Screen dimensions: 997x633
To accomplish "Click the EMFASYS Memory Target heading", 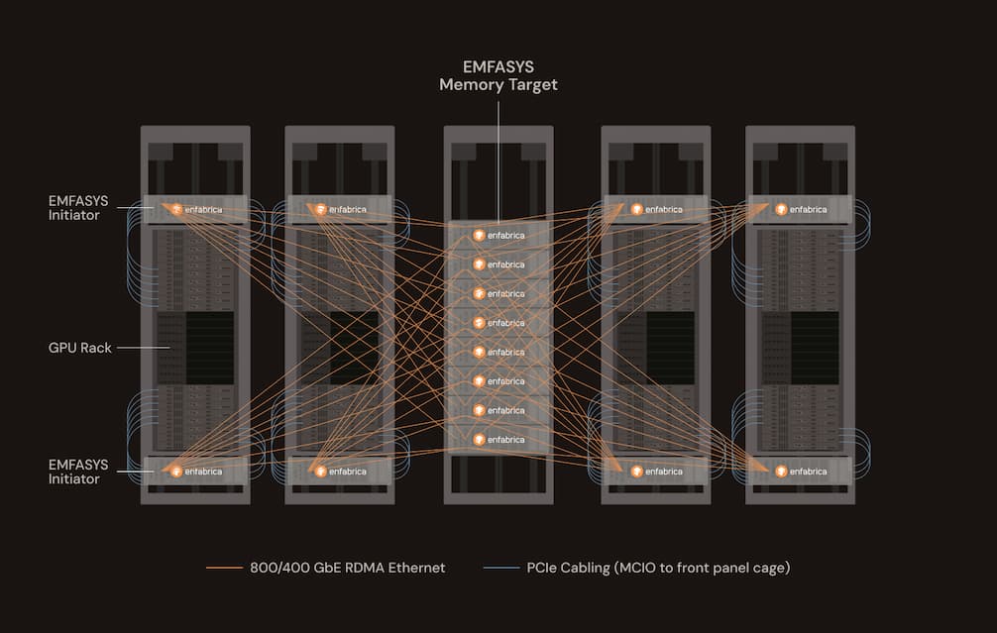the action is [498, 76].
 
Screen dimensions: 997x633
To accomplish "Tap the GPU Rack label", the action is [79, 348].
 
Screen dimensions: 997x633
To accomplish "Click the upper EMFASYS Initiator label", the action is [78, 208].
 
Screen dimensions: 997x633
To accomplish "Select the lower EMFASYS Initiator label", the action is [78, 472].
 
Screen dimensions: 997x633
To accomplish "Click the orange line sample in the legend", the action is [224, 568].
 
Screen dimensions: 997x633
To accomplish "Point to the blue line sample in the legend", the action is [501, 568].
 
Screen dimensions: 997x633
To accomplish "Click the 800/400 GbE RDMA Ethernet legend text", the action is [347, 568].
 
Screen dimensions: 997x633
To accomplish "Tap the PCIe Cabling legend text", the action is [658, 568].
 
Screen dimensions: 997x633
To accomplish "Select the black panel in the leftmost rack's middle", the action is [210, 348].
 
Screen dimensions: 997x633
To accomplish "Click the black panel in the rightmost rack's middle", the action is [815, 348].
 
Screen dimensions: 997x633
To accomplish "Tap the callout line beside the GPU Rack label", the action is [143, 348].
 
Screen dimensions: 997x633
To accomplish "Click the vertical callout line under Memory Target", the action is [498, 161].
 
